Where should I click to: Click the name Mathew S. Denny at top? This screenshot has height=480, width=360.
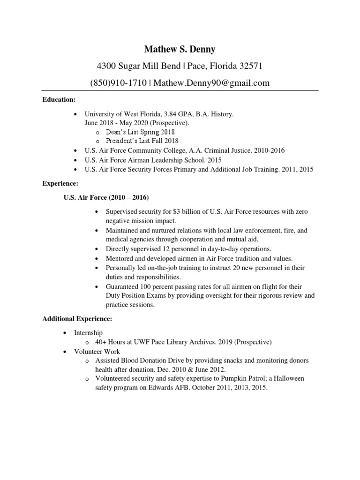180,50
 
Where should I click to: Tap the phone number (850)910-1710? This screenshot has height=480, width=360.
118,83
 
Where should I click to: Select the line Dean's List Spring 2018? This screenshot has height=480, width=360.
140,132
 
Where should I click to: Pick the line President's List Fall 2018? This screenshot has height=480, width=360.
142,141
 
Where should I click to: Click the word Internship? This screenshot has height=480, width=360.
88,332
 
